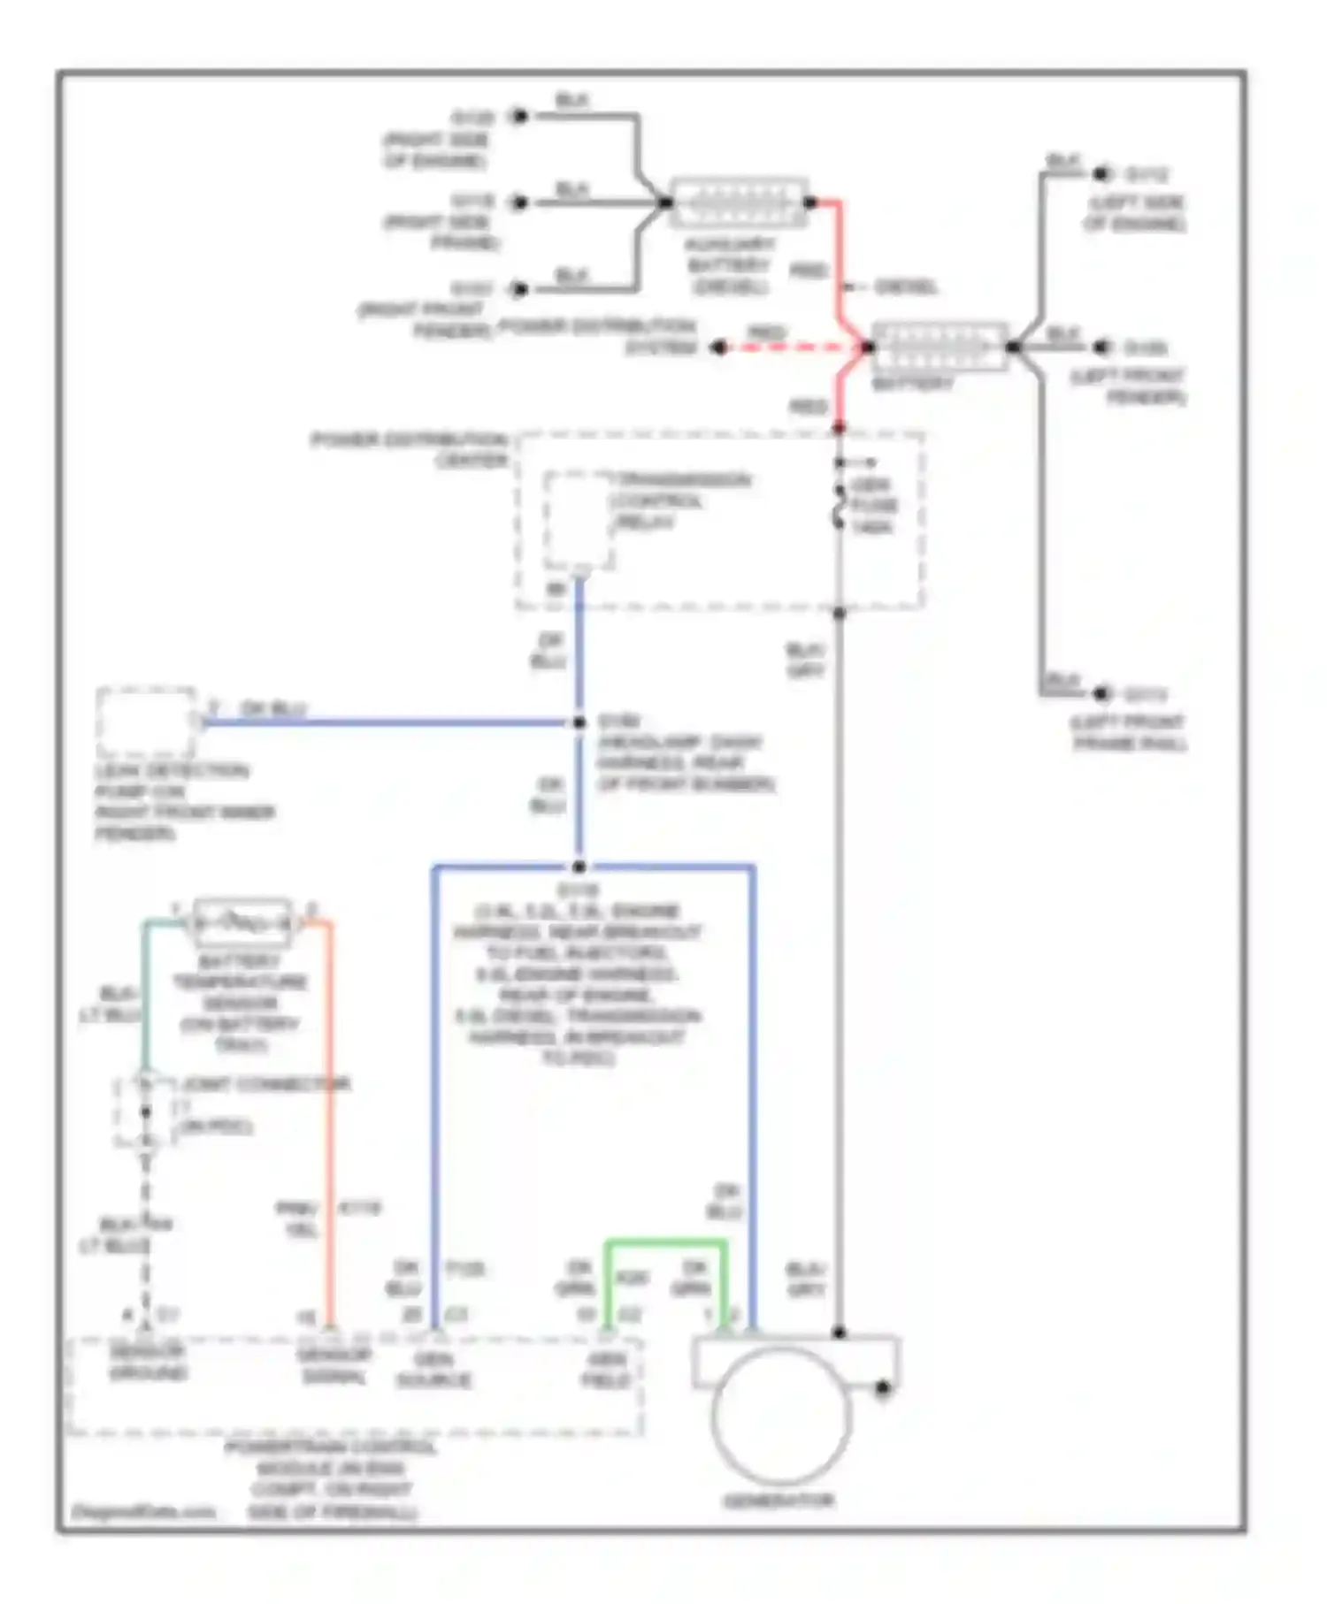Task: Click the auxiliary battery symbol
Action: pyautogui.click(x=739, y=203)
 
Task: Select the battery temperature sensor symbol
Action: pyautogui.click(x=242, y=923)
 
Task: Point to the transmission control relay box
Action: pyautogui.click(x=579, y=520)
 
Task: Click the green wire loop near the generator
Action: pyautogui.click(x=665, y=1243)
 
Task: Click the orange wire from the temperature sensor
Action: pyautogui.click(x=330, y=1123)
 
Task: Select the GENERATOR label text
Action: pyautogui.click(x=779, y=1501)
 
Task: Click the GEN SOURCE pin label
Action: pyautogui.click(x=433, y=1370)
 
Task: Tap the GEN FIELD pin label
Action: pyautogui.click(x=607, y=1370)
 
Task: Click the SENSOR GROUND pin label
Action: pyautogui.click(x=148, y=1363)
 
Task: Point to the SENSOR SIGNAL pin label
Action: pyautogui.click(x=334, y=1366)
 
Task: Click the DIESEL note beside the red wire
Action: pyautogui.click(x=904, y=286)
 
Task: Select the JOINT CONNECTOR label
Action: pyautogui.click(x=265, y=1084)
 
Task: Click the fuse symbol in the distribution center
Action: pyautogui.click(x=839, y=507)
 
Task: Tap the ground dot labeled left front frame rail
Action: pyautogui.click(x=1101, y=694)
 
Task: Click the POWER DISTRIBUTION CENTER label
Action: pyautogui.click(x=409, y=449)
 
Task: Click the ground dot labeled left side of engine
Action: pyautogui.click(x=1101, y=174)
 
